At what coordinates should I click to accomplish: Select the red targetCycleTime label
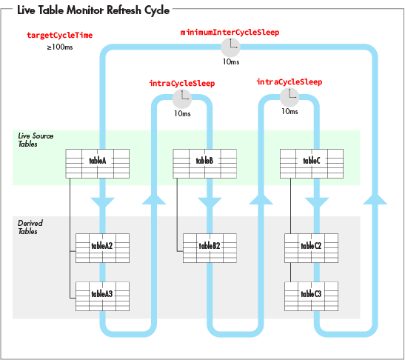tap(60, 35)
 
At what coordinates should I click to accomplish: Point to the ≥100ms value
tap(60, 47)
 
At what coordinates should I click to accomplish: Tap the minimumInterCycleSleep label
tap(230, 33)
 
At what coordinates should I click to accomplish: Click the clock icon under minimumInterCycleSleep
tap(230, 47)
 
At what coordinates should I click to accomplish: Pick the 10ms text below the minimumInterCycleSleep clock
tap(231, 61)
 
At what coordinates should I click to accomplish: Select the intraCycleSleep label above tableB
tap(182, 84)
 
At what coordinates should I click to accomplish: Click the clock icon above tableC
tap(289, 98)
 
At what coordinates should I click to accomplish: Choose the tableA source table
tap(98, 164)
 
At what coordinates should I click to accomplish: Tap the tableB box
tap(205, 164)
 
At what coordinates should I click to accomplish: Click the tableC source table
tap(312, 164)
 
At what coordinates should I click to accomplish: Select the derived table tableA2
tap(102, 248)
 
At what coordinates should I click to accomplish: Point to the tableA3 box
tap(102, 296)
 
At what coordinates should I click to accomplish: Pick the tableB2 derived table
tap(210, 248)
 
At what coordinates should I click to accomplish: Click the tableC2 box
tap(311, 248)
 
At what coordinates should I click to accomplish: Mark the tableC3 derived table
tap(311, 296)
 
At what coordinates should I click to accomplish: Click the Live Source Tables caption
tap(36, 140)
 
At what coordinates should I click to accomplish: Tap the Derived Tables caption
tap(30, 227)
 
